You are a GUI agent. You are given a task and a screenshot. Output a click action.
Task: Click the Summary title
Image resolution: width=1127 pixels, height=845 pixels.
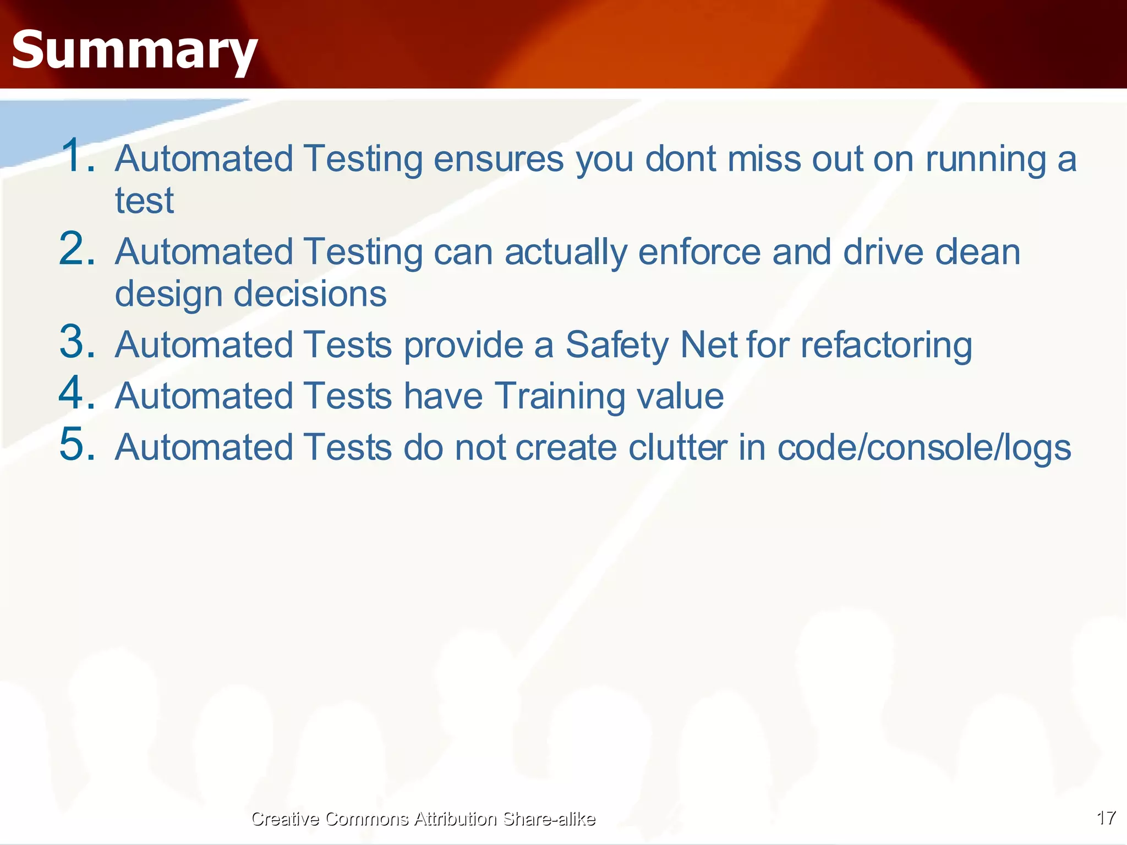[134, 51]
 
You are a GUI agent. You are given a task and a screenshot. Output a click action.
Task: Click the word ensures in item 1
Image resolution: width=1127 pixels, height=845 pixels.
[499, 159]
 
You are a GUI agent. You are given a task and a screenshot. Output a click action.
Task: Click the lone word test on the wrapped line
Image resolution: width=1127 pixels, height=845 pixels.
[144, 201]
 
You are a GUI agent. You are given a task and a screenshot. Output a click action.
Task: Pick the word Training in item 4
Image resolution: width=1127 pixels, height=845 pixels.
[559, 396]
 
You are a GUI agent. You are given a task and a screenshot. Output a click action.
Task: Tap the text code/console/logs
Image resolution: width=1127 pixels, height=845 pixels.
[924, 447]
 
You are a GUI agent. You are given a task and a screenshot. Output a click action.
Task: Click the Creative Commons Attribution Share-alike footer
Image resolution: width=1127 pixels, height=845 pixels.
[423, 819]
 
